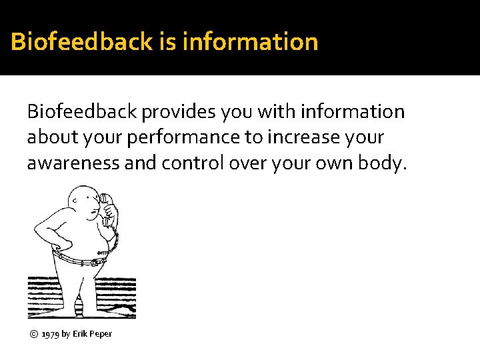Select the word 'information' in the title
click(x=249, y=42)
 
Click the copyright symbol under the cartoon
click(x=33, y=333)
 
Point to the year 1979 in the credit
click(x=50, y=333)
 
